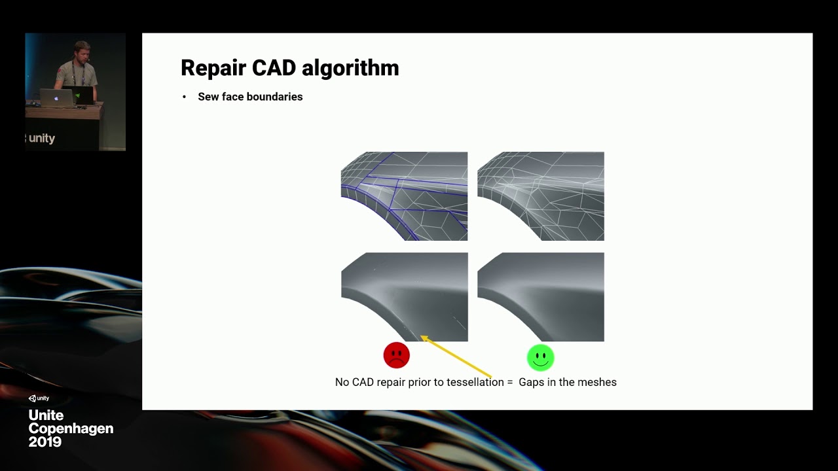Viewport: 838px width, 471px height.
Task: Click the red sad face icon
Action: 397,355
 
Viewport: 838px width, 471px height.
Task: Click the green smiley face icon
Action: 541,357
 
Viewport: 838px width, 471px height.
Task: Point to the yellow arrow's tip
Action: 422,337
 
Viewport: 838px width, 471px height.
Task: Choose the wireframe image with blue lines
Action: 404,196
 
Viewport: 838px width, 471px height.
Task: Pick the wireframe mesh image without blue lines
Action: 541,196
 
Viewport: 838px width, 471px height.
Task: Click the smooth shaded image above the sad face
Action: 404,297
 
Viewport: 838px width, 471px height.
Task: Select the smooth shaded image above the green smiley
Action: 541,297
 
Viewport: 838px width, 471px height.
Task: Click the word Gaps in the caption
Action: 532,383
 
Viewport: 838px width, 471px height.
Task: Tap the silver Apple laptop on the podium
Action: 56,98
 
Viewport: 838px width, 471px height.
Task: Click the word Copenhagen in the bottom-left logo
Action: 71,428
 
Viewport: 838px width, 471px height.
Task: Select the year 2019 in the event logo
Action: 45,442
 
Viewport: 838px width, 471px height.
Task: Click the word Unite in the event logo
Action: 46,415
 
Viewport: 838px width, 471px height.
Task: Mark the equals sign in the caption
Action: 509,382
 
